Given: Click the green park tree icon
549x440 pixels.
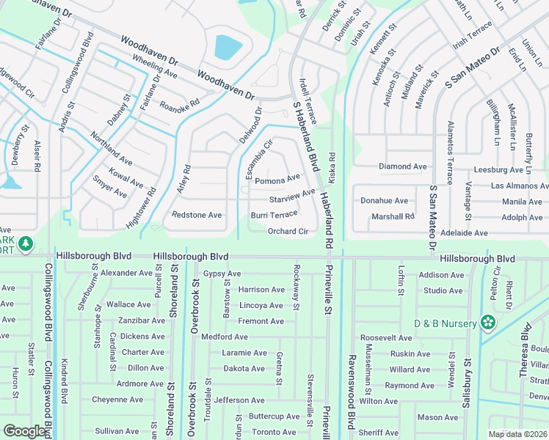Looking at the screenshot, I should coord(26,243).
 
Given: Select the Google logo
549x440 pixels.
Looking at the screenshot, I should coord(25,431).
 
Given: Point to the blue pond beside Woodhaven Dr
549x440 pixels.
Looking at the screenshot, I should coord(228,48).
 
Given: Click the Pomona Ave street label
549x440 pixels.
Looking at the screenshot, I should coord(277,179).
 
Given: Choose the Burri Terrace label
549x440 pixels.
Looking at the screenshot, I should coord(274,215).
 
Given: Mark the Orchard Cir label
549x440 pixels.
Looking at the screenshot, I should coord(287,231).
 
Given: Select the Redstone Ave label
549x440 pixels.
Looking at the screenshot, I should coord(196,215).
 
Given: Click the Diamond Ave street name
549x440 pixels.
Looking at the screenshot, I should coord(402,166).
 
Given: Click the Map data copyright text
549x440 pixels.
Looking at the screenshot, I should coord(517,434).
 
